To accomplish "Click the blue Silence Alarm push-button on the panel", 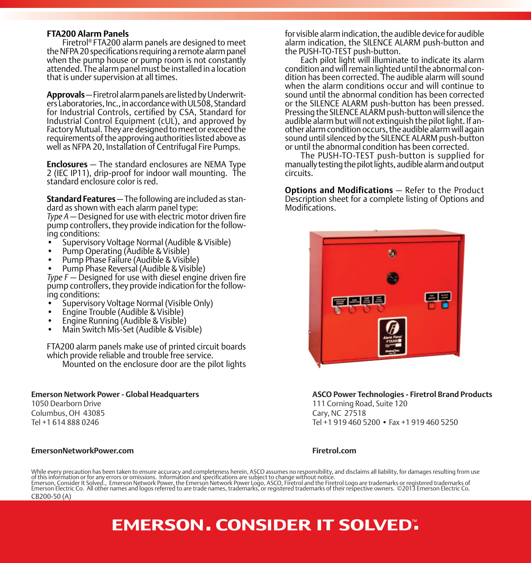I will click(x=445, y=305).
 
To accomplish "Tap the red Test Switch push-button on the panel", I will click(x=432, y=306).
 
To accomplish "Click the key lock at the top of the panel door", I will click(x=392, y=254).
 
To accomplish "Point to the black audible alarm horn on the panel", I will click(x=392, y=278).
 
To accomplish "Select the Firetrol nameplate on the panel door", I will click(x=392, y=337).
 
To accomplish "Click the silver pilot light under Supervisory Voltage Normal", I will click(x=338, y=310).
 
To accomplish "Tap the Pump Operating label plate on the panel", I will click(x=355, y=301).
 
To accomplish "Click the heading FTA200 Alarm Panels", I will click(x=87, y=34).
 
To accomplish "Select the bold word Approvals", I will click(x=65, y=95).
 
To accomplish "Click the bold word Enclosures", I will click(x=67, y=164).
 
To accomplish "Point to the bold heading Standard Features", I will click(x=81, y=199).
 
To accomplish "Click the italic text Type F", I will click(x=57, y=277).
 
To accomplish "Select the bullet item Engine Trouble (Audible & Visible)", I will click(x=123, y=312).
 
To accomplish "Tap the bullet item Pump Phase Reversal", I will click(x=134, y=269).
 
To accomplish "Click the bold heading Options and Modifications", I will click(x=339, y=190).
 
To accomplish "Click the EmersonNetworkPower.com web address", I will click(x=82, y=450).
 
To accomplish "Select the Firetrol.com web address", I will click(x=334, y=450).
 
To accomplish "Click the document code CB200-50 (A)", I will click(x=51, y=496).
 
